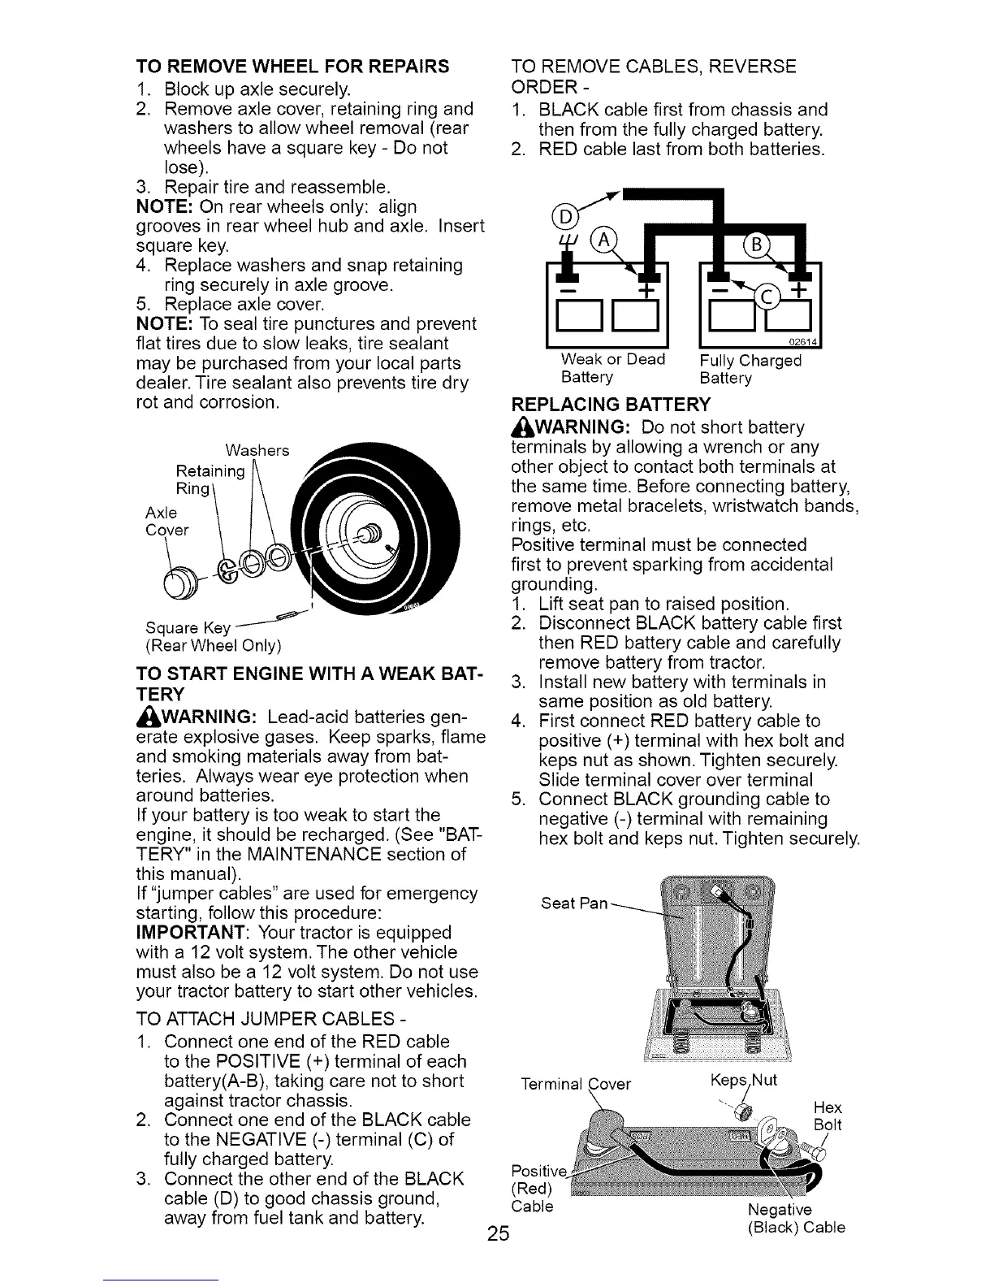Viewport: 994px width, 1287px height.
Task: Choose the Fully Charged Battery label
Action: click(x=750, y=369)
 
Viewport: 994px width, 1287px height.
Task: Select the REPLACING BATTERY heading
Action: click(x=611, y=405)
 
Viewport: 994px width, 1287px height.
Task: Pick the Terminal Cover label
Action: click(x=576, y=1083)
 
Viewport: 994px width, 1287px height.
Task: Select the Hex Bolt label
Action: click(x=827, y=1116)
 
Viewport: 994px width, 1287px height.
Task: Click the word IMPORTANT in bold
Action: click(x=189, y=933)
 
